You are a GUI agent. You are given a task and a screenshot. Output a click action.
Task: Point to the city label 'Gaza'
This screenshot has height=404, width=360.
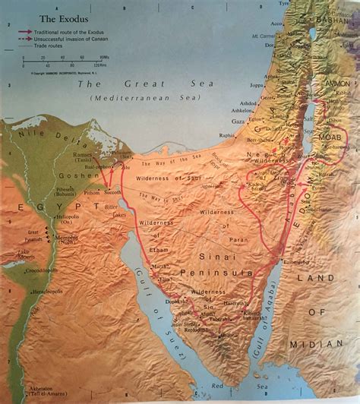tap(238, 121)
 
